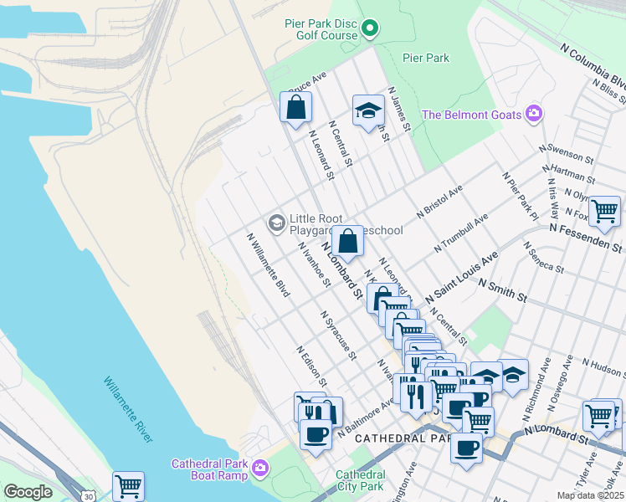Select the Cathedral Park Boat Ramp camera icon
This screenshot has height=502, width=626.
261,466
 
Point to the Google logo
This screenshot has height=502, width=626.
27,492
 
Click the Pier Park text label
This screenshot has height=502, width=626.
426,58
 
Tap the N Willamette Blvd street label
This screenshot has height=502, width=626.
269,264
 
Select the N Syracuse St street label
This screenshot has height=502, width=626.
338,335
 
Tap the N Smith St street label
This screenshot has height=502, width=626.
502,292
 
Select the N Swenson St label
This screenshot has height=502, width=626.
567,153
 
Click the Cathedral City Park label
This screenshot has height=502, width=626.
360,479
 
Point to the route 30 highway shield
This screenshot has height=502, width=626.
65,496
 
